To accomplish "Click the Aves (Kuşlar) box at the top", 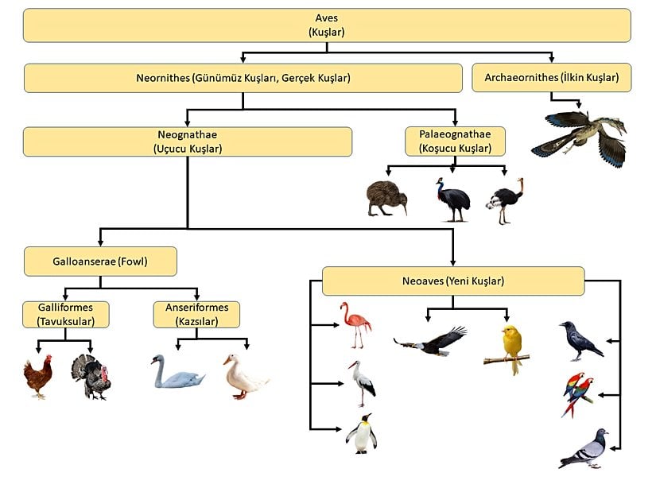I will point(326,25).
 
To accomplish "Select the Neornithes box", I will point(243,78).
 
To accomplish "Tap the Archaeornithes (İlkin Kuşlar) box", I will point(551,78).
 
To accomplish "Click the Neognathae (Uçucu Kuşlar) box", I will point(187,141).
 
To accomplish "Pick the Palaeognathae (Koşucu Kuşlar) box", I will point(454,141).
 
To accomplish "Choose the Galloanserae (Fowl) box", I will point(99,261).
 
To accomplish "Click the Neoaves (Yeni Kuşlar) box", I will point(452,281).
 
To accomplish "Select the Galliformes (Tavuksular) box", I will point(66,315).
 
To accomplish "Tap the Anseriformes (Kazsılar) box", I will point(196,315).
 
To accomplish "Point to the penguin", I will point(361,433).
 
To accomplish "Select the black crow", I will point(578,340).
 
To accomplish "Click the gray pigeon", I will point(585,449).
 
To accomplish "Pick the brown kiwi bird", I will point(386,198).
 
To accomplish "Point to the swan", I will point(176,373).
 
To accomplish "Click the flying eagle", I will point(432,341).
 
